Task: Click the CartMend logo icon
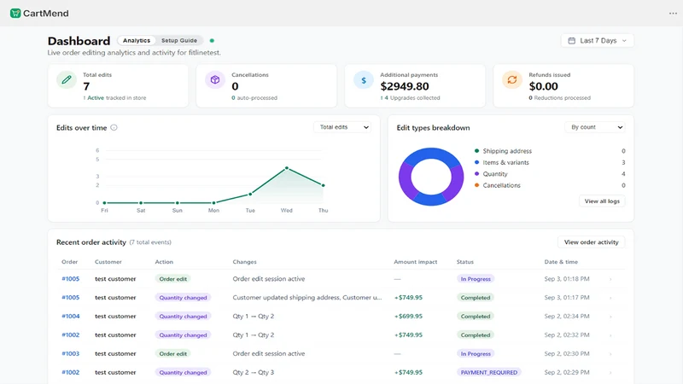(15, 13)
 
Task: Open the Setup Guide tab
(179, 40)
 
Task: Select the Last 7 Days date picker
(597, 40)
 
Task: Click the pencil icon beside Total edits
(67, 79)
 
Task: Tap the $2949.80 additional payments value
(404, 86)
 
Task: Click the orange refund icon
(511, 79)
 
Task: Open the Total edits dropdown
(342, 127)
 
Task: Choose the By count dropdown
(595, 127)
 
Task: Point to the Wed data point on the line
(287, 168)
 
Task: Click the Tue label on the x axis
(250, 210)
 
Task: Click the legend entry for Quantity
(495, 174)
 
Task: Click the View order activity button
(591, 242)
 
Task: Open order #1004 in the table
(71, 316)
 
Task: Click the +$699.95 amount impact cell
(408, 316)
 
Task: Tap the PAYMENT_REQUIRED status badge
(488, 372)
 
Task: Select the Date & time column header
(561, 262)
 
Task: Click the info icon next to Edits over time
(114, 127)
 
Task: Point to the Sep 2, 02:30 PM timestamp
(567, 353)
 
